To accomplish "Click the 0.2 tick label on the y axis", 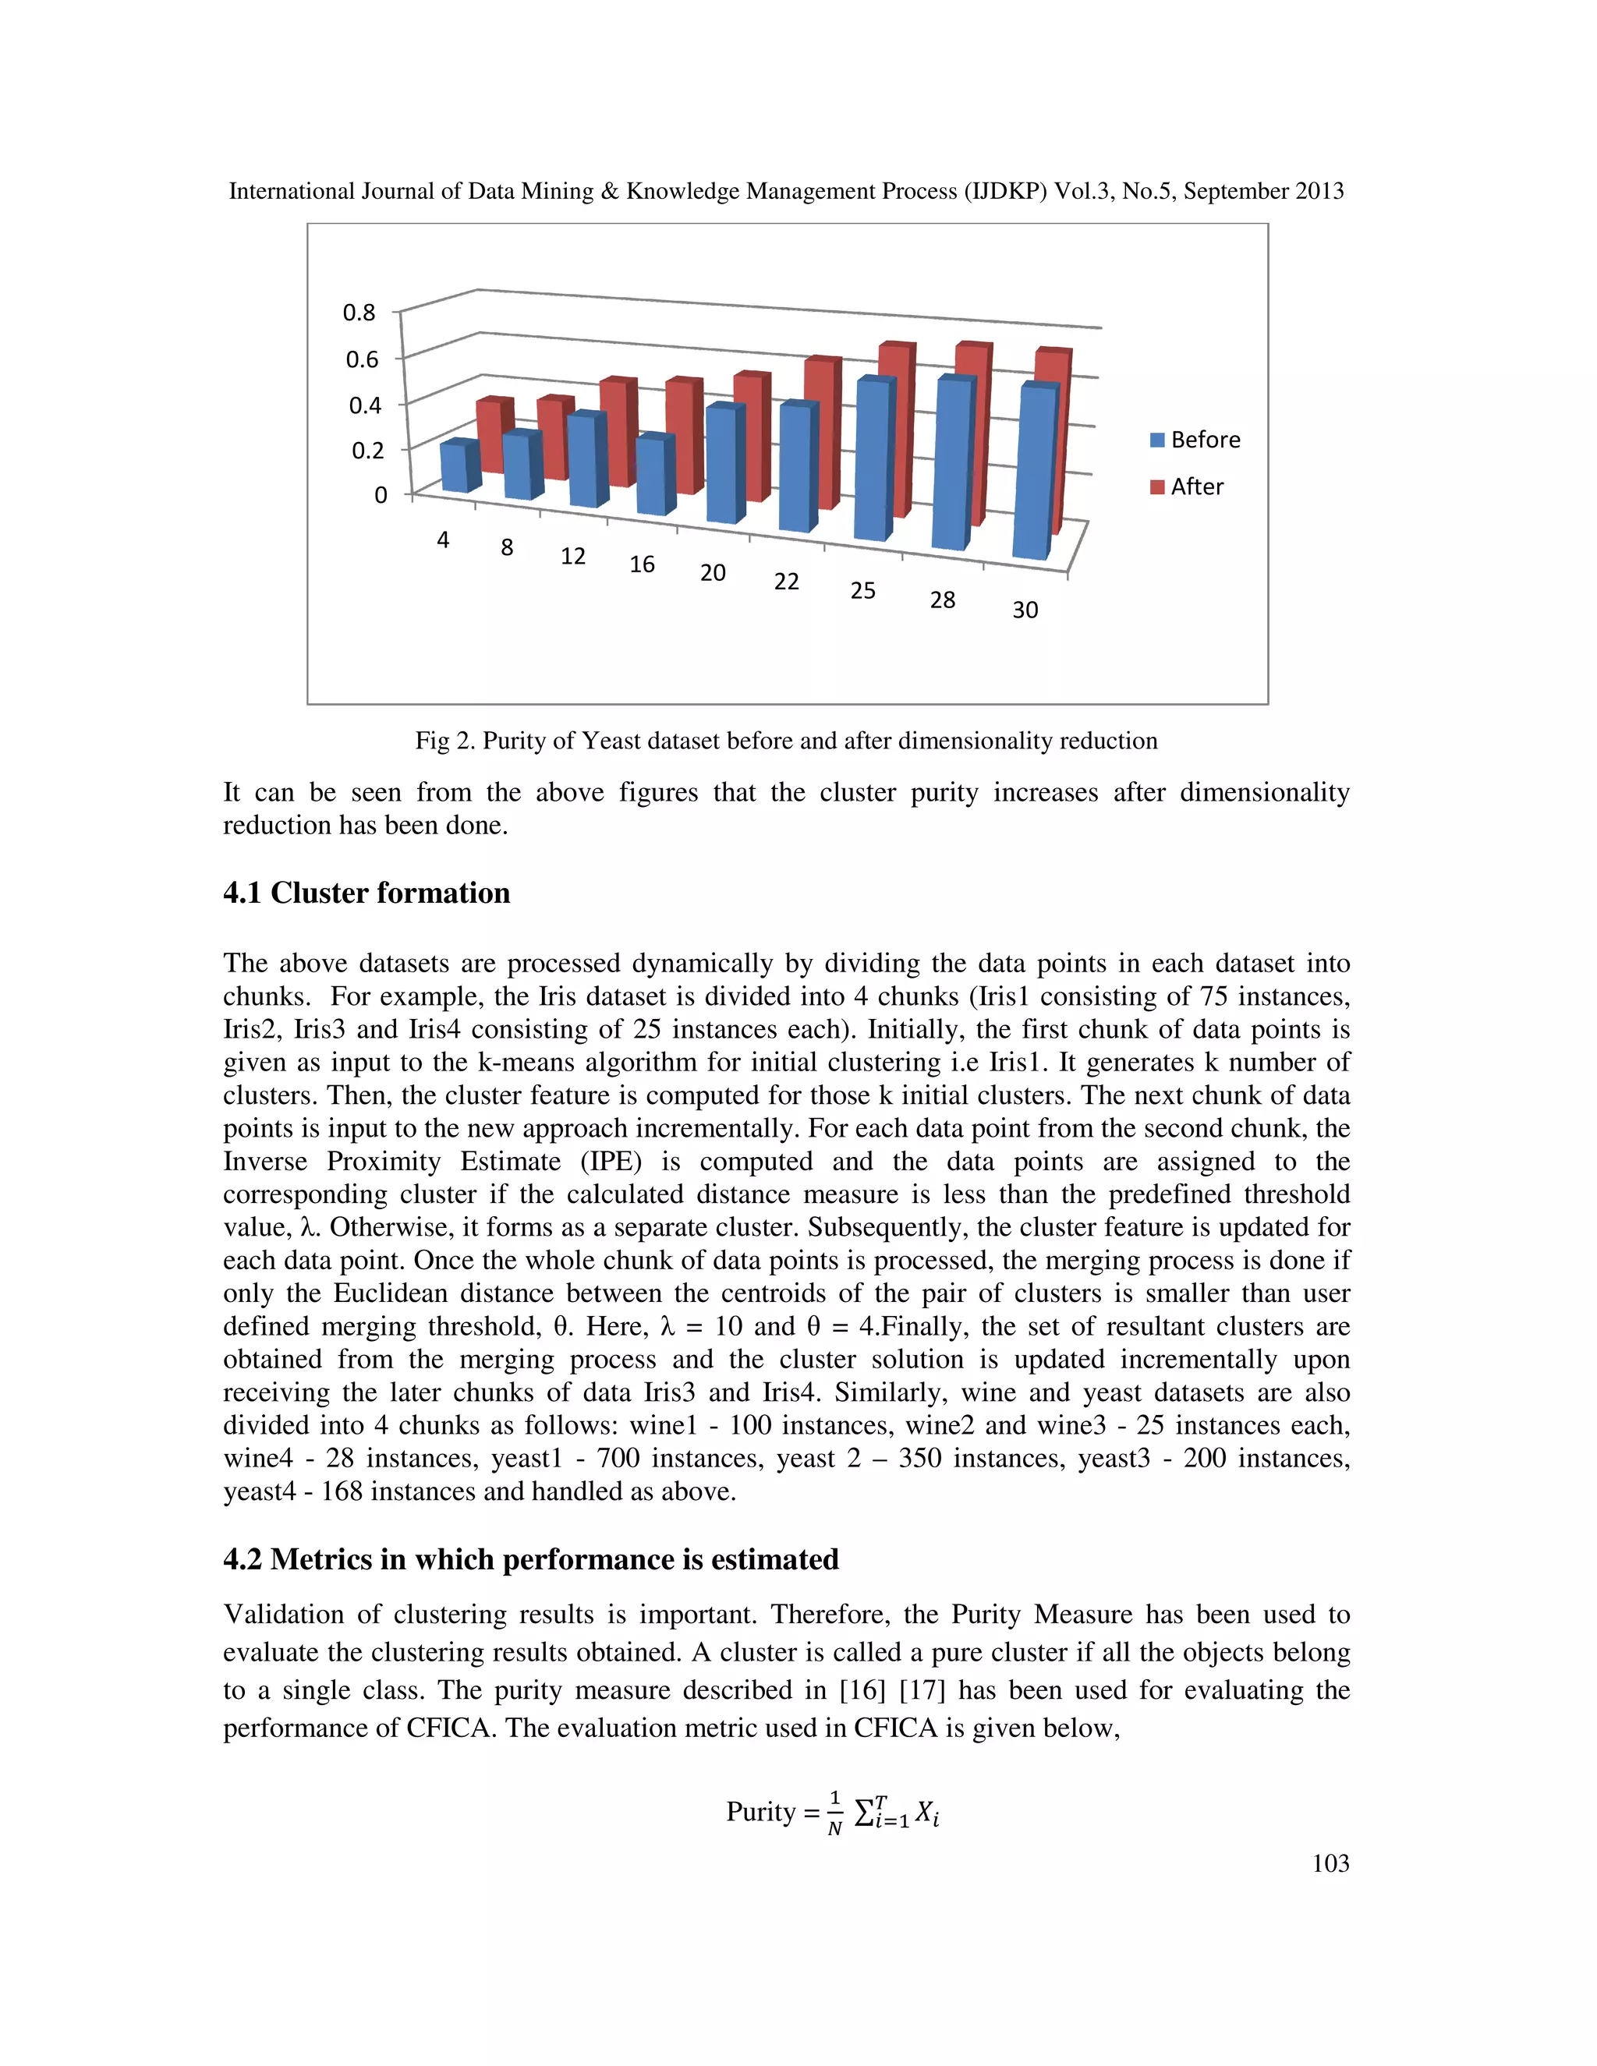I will point(367,451).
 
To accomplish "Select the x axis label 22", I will point(786,582).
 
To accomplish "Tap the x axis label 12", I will point(572,556).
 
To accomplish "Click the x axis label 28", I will point(942,600).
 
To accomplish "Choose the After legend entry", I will point(1188,487).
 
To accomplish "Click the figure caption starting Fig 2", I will point(785,741).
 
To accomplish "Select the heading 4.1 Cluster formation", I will point(366,893).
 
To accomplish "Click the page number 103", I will point(1330,1863).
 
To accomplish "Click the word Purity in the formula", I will point(760,1812).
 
